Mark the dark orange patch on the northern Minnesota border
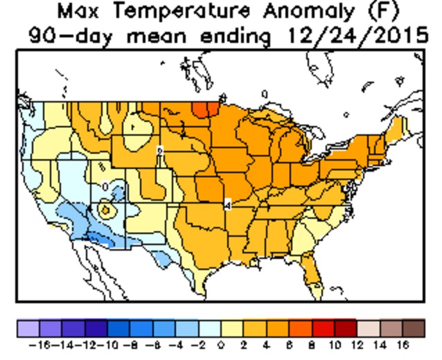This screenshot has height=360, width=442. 204,109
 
